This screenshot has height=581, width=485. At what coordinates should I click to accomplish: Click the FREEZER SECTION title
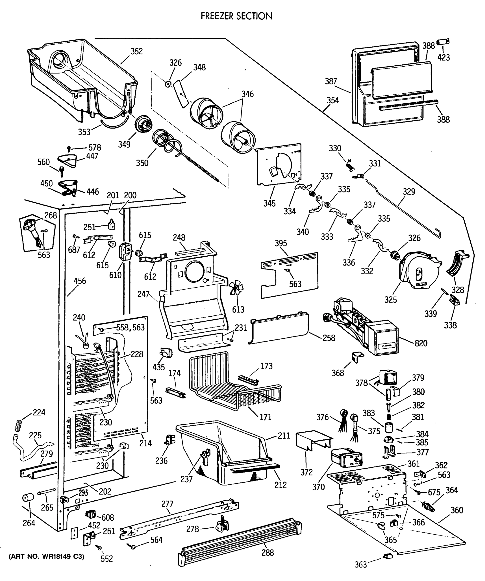[236, 16]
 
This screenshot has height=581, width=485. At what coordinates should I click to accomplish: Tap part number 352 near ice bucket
[137, 52]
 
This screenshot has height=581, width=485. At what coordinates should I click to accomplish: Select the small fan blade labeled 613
[236, 289]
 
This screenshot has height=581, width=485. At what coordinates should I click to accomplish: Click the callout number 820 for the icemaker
[421, 343]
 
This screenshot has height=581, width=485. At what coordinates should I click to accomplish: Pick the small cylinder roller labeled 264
[28, 498]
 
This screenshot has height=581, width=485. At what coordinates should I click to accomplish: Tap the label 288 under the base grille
[267, 553]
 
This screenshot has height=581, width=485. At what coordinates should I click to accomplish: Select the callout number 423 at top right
[444, 58]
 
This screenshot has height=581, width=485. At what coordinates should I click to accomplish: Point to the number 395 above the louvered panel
[281, 244]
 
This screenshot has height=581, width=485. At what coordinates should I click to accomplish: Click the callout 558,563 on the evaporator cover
[130, 328]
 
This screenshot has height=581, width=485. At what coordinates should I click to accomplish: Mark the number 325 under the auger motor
[390, 300]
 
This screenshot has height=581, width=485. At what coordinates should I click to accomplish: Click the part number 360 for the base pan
[457, 510]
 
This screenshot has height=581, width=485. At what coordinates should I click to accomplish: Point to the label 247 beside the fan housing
[143, 294]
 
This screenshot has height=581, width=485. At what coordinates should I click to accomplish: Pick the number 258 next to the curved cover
[329, 338]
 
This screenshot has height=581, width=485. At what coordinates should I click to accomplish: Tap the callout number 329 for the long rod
[409, 192]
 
